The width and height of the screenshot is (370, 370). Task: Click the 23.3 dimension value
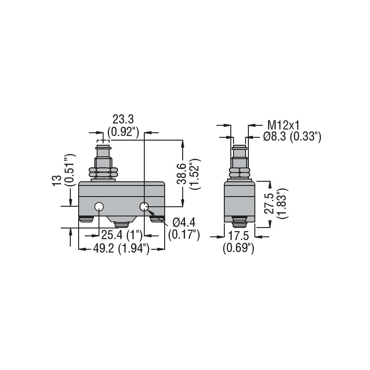point(123,119)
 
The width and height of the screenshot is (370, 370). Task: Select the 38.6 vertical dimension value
point(182,174)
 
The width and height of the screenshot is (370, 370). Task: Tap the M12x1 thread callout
point(284,125)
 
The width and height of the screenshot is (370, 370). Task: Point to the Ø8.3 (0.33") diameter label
point(292,136)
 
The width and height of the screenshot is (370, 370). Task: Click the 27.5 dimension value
point(269,203)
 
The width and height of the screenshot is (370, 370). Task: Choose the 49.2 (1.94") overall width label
point(121,248)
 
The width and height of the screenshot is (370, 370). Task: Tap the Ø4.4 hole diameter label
point(184,222)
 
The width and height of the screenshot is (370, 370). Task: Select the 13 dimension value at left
point(57,181)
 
